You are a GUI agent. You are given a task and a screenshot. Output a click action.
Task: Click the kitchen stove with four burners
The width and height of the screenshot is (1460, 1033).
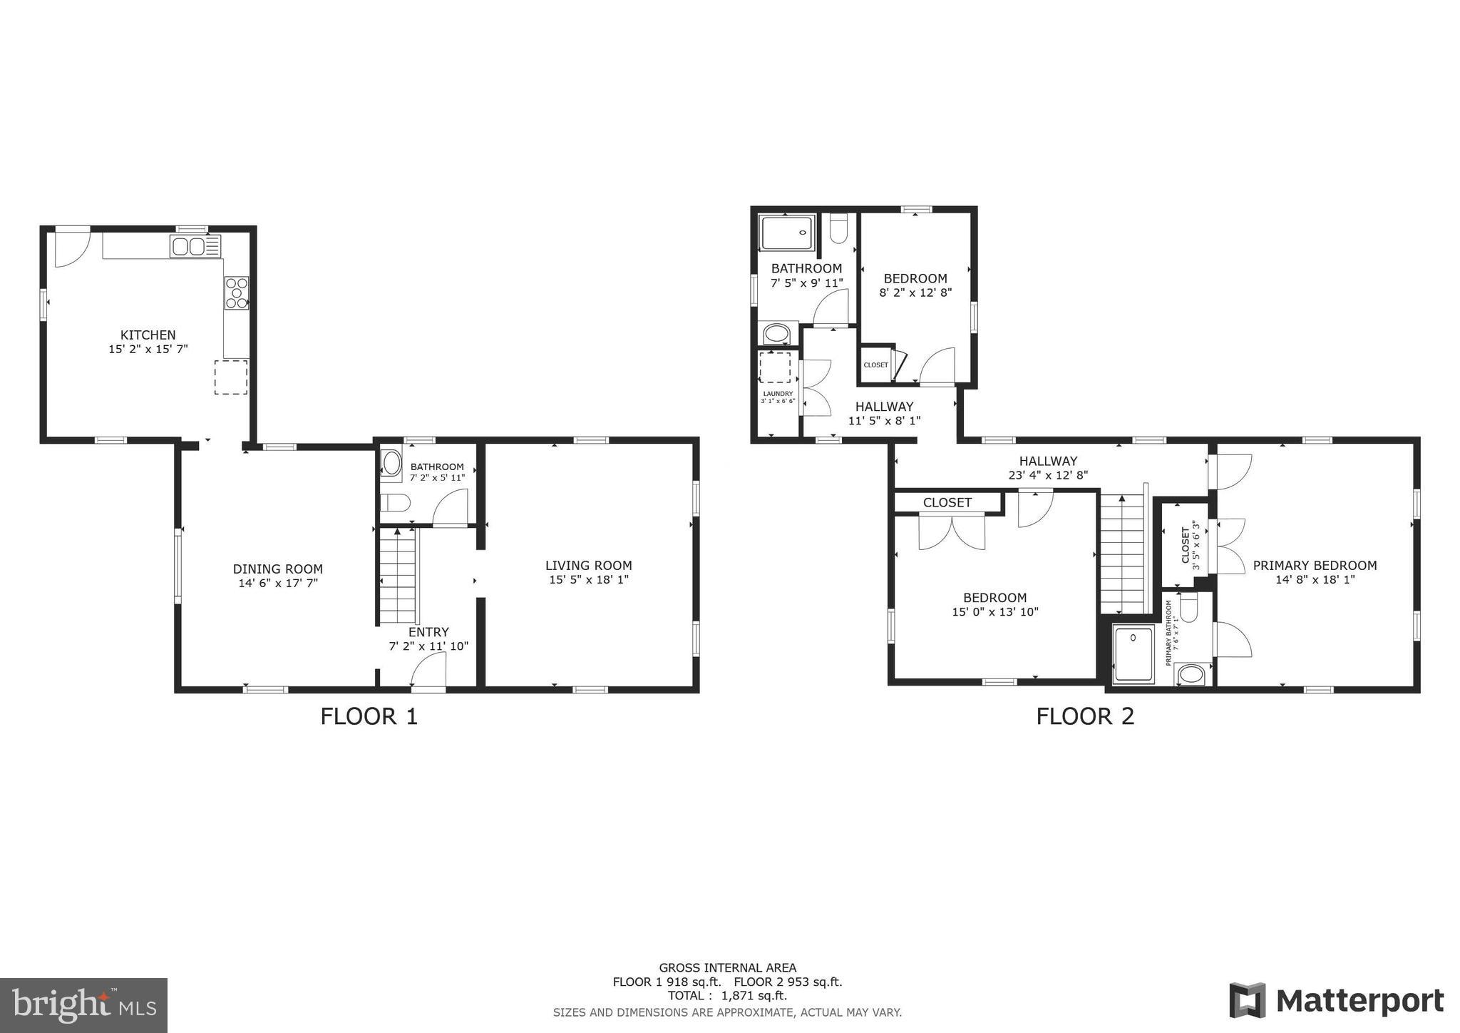pos(237,292)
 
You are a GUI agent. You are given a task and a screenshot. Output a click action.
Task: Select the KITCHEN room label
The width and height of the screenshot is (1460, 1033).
pos(148,335)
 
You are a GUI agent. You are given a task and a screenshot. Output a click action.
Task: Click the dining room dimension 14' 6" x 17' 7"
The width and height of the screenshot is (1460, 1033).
pos(278,583)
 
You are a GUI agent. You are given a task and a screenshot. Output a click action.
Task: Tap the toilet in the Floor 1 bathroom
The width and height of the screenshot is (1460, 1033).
pos(394,504)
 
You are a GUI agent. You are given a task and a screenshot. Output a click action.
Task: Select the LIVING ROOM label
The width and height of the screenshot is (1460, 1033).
pos(588,566)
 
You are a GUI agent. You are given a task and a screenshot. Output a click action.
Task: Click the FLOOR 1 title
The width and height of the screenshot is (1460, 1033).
pos(369,716)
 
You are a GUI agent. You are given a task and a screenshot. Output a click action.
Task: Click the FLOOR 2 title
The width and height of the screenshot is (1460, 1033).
pos(1084,716)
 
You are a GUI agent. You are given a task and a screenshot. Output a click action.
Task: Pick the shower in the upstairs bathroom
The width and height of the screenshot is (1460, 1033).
pos(787,233)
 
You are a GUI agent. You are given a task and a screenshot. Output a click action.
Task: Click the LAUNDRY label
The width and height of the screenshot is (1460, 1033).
pos(777,394)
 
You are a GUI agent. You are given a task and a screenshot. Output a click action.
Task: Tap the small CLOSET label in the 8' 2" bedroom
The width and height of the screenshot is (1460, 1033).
pos(875,365)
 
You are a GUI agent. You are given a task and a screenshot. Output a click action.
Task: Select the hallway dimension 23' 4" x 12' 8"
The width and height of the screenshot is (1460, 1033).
pos(1047,475)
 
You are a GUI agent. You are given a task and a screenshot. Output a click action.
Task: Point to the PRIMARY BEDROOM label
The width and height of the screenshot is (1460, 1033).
pos(1315,566)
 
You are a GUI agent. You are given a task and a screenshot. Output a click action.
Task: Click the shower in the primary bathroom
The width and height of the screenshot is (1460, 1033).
pos(1133,653)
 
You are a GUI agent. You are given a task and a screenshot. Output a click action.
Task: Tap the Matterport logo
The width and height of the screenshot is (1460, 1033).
pos(1337,1000)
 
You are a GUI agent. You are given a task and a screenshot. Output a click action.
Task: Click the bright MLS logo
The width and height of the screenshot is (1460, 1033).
pos(83,1006)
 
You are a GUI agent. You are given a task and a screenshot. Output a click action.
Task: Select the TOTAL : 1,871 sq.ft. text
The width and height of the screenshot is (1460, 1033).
pos(727,996)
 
